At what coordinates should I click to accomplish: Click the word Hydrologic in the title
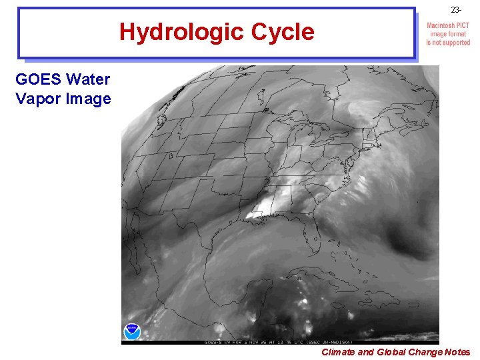(179, 31)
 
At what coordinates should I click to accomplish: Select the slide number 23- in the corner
(455, 10)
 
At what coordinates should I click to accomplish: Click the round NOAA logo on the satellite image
(132, 331)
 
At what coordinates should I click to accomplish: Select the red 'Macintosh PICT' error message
(449, 34)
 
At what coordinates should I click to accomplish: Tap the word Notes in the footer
(456, 352)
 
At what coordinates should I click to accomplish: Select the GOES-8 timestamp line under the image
(280, 341)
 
